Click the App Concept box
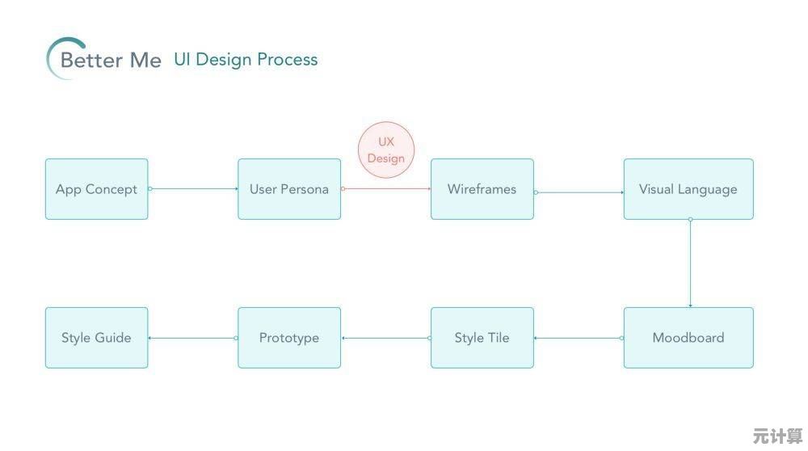96,189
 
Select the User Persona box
289,189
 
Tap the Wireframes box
482,189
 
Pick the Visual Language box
688,189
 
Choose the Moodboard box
688,338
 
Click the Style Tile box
482,338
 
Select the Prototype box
289,338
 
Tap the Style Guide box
96,338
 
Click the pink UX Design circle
386,150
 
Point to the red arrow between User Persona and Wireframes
386,188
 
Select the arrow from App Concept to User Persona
193,188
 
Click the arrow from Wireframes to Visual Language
579,192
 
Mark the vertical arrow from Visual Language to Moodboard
690,263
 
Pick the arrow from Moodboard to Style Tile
579,338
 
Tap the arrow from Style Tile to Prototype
386,338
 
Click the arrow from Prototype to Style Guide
193,338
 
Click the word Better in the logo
92,61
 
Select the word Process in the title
288,59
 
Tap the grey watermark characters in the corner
777,436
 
